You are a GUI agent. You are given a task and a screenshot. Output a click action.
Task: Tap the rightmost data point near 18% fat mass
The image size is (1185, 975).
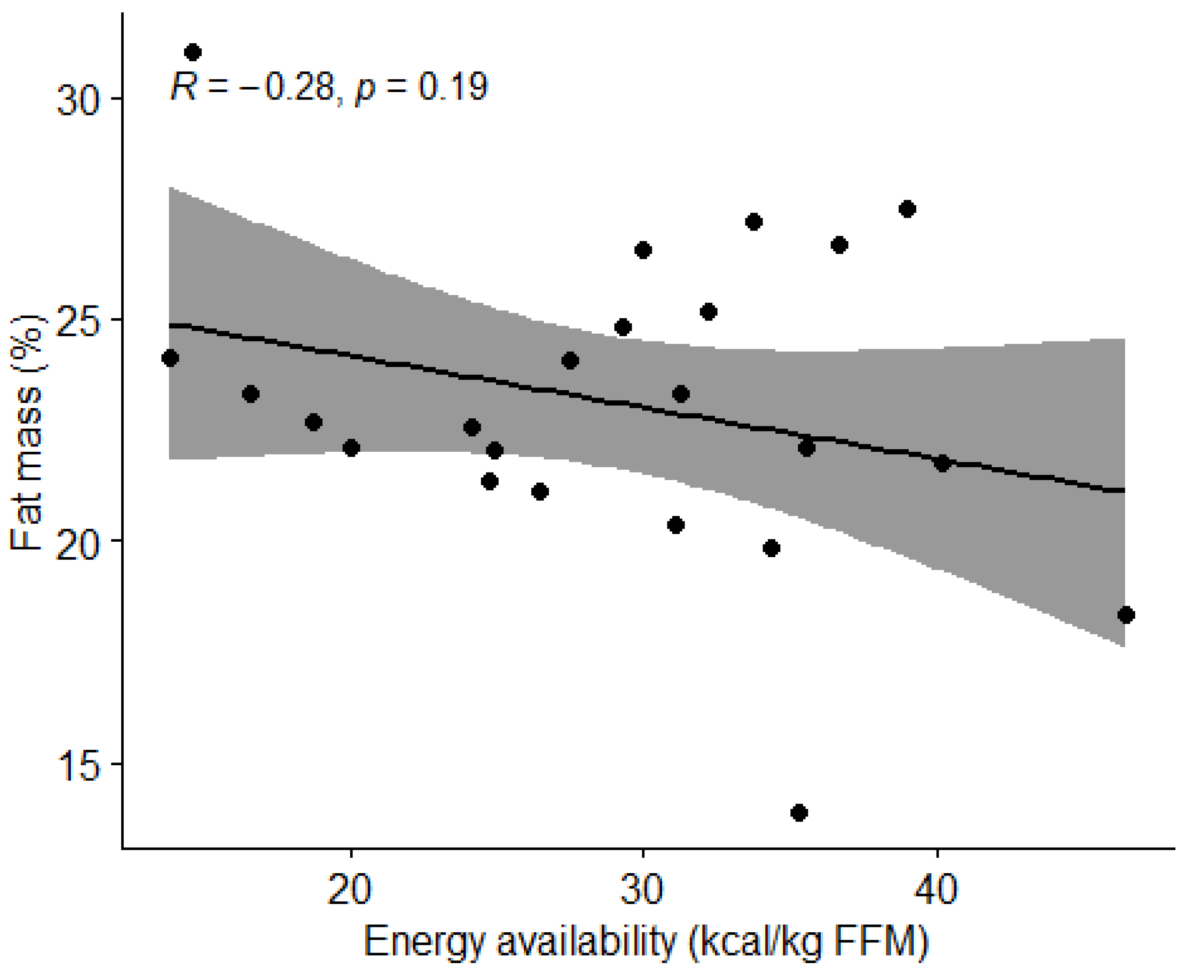pos(1126,615)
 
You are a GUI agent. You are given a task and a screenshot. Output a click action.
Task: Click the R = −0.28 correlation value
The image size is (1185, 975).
pos(252,88)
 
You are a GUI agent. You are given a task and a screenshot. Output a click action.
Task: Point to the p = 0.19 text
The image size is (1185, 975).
pos(421,88)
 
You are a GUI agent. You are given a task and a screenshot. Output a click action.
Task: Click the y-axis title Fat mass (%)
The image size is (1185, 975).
pos(27,432)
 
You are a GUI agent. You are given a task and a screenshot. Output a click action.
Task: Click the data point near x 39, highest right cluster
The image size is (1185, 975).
pos(907,209)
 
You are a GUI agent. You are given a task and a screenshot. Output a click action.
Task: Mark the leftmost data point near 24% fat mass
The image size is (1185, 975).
pos(170,358)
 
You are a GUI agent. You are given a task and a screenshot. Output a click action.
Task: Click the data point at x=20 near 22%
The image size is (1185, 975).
pos(351,448)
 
